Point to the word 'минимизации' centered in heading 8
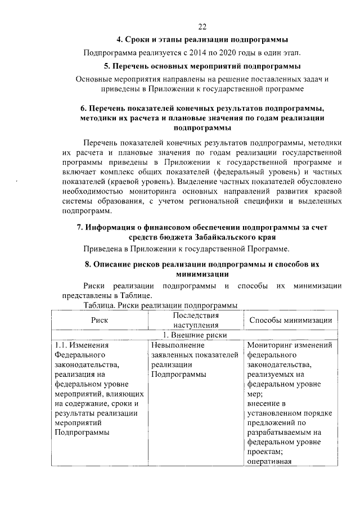[x=202, y=274]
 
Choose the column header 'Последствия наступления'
[x=196, y=320]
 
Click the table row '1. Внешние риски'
[x=195, y=335]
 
